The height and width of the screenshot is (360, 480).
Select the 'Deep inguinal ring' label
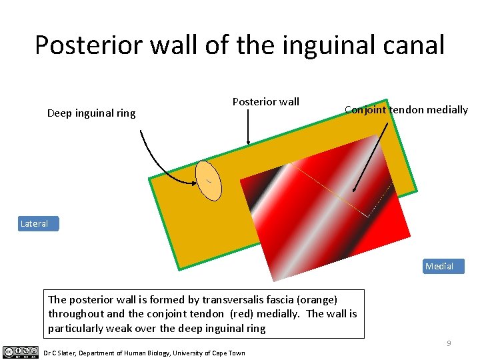pyautogui.click(x=91, y=113)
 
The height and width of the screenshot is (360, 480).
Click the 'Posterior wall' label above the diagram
pyautogui.click(x=265, y=102)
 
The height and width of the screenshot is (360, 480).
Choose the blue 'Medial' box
pyautogui.click(x=439, y=267)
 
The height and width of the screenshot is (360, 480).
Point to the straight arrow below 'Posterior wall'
pyautogui.click(x=248, y=127)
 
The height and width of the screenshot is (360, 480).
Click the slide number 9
pyautogui.click(x=449, y=343)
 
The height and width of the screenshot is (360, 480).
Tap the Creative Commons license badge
pyautogui.click(x=20, y=352)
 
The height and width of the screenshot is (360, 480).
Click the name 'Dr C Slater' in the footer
pyautogui.click(x=60, y=353)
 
